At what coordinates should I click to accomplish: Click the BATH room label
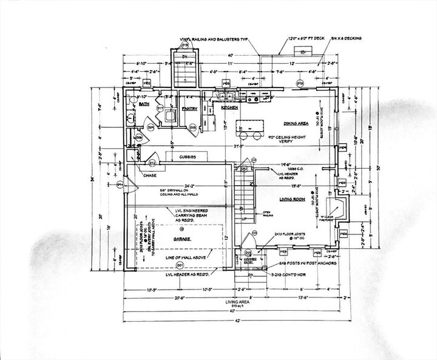(x=144, y=104)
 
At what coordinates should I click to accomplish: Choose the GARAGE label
(x=180, y=239)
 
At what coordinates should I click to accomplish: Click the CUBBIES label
(x=186, y=157)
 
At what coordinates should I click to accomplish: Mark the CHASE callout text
(x=150, y=175)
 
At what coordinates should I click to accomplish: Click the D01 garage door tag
(x=180, y=265)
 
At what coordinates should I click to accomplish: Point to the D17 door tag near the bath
(x=160, y=108)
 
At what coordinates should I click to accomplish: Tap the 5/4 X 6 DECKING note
(x=347, y=38)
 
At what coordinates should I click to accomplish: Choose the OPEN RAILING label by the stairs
(x=266, y=214)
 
